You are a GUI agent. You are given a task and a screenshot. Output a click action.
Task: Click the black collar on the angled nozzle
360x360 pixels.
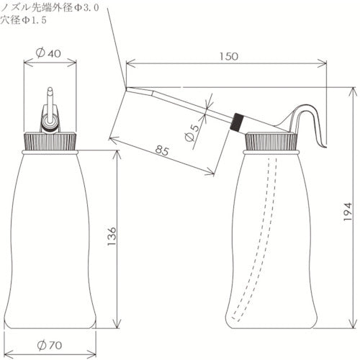(x=235, y=122)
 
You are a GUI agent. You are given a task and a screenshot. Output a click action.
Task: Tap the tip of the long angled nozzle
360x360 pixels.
(x=127, y=89)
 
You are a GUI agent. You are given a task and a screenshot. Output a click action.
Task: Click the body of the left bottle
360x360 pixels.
(x=50, y=238)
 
